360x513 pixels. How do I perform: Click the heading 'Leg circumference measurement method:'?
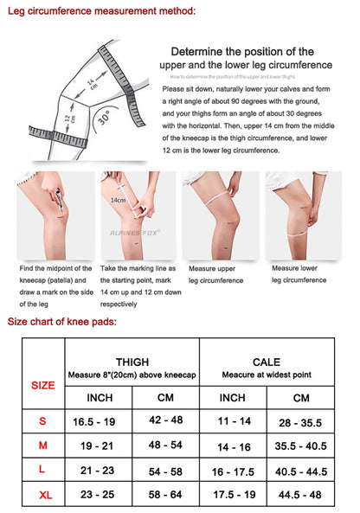click(x=101, y=10)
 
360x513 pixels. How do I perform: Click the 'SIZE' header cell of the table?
click(x=42, y=385)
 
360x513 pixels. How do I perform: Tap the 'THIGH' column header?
click(x=132, y=362)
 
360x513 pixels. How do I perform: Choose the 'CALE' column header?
click(x=266, y=362)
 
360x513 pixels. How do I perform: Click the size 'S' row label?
click(x=42, y=420)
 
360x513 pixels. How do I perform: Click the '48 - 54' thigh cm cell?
click(x=165, y=445)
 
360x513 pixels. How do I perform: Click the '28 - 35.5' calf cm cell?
click(x=299, y=421)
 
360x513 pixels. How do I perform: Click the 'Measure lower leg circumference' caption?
click(x=299, y=274)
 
